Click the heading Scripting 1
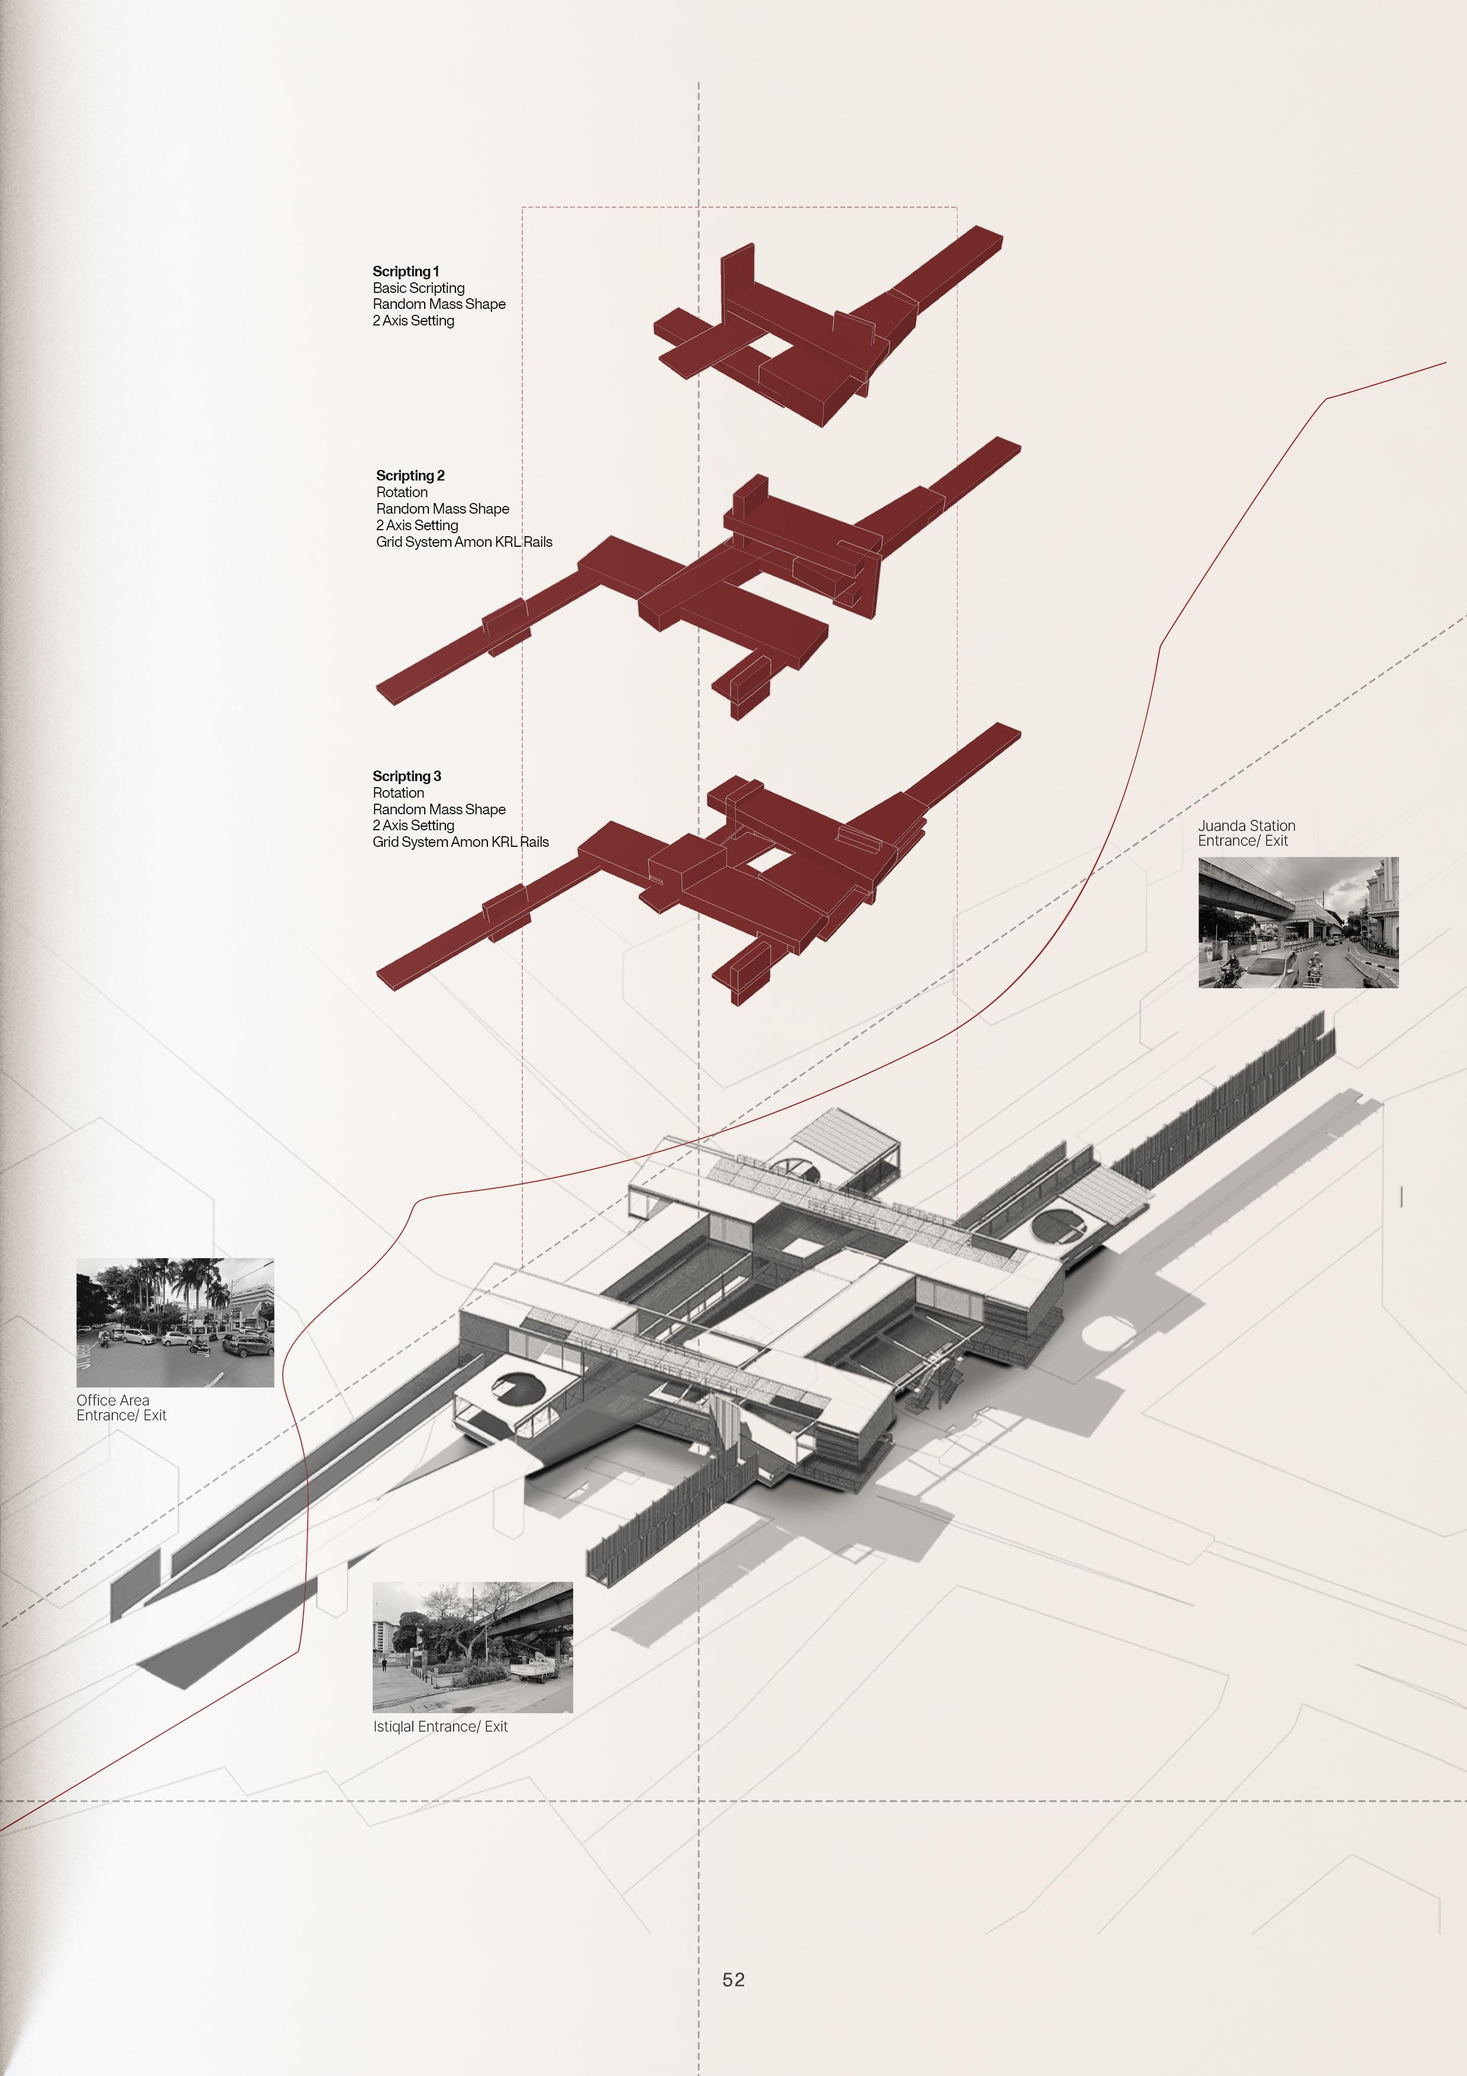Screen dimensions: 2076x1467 406,271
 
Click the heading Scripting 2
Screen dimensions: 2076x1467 411,476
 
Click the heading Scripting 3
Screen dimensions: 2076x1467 407,776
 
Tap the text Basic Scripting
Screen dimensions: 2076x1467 418,288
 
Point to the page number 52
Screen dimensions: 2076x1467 733,1980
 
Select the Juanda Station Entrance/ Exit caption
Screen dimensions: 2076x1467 1246,833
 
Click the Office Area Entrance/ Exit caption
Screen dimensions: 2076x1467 121,1408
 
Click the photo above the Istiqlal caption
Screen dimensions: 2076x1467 473,1648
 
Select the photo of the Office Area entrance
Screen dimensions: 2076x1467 175,1323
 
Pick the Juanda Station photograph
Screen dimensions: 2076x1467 1298,922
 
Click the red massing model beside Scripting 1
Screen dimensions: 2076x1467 813,334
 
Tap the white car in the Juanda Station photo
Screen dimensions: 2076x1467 1270,970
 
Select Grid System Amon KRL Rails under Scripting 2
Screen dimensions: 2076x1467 464,541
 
